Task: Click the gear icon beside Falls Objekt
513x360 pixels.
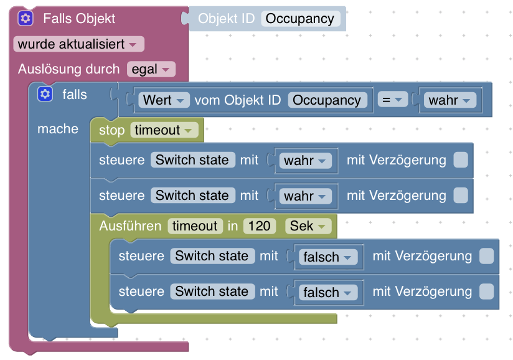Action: tap(25, 18)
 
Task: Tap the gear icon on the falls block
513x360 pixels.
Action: tap(45, 94)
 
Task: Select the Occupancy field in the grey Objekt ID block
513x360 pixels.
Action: tap(300, 19)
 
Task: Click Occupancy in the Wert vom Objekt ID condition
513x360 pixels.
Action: tap(327, 100)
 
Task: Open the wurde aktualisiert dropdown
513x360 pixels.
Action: tap(78, 44)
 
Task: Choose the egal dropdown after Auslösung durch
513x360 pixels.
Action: tap(151, 69)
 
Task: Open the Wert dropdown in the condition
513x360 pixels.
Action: tap(164, 100)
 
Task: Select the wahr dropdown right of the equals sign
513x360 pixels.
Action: tap(449, 100)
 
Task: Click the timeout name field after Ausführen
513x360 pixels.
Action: tap(195, 225)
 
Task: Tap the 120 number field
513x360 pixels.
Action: tap(260, 225)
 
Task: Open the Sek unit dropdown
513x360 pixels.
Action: tap(308, 225)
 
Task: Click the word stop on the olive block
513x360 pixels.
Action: tap(112, 130)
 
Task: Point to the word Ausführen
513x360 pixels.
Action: tap(130, 225)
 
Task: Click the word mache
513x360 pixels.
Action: tap(58, 129)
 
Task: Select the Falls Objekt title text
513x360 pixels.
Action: tap(79, 19)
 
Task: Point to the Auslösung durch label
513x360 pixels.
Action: tap(68, 69)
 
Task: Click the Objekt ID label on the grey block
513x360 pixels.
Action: tap(226, 19)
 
